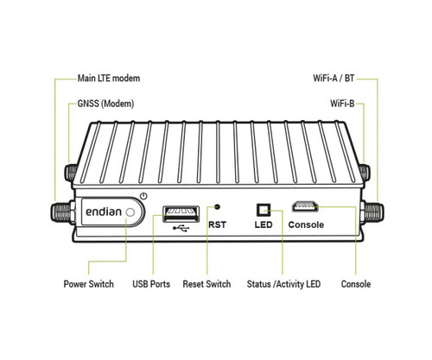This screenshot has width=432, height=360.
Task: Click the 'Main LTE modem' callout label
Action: click(x=108, y=79)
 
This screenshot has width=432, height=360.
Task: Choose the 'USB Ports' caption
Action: click(x=151, y=284)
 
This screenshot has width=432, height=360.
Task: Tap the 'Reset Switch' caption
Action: click(x=207, y=284)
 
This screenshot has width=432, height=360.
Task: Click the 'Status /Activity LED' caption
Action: click(x=283, y=284)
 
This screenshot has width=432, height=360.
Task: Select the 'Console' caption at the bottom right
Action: click(x=356, y=284)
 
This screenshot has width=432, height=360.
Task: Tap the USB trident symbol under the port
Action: click(x=179, y=228)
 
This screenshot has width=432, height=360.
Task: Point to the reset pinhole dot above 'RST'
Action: click(x=217, y=207)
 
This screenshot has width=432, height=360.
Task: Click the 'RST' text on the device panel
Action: click(x=218, y=225)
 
